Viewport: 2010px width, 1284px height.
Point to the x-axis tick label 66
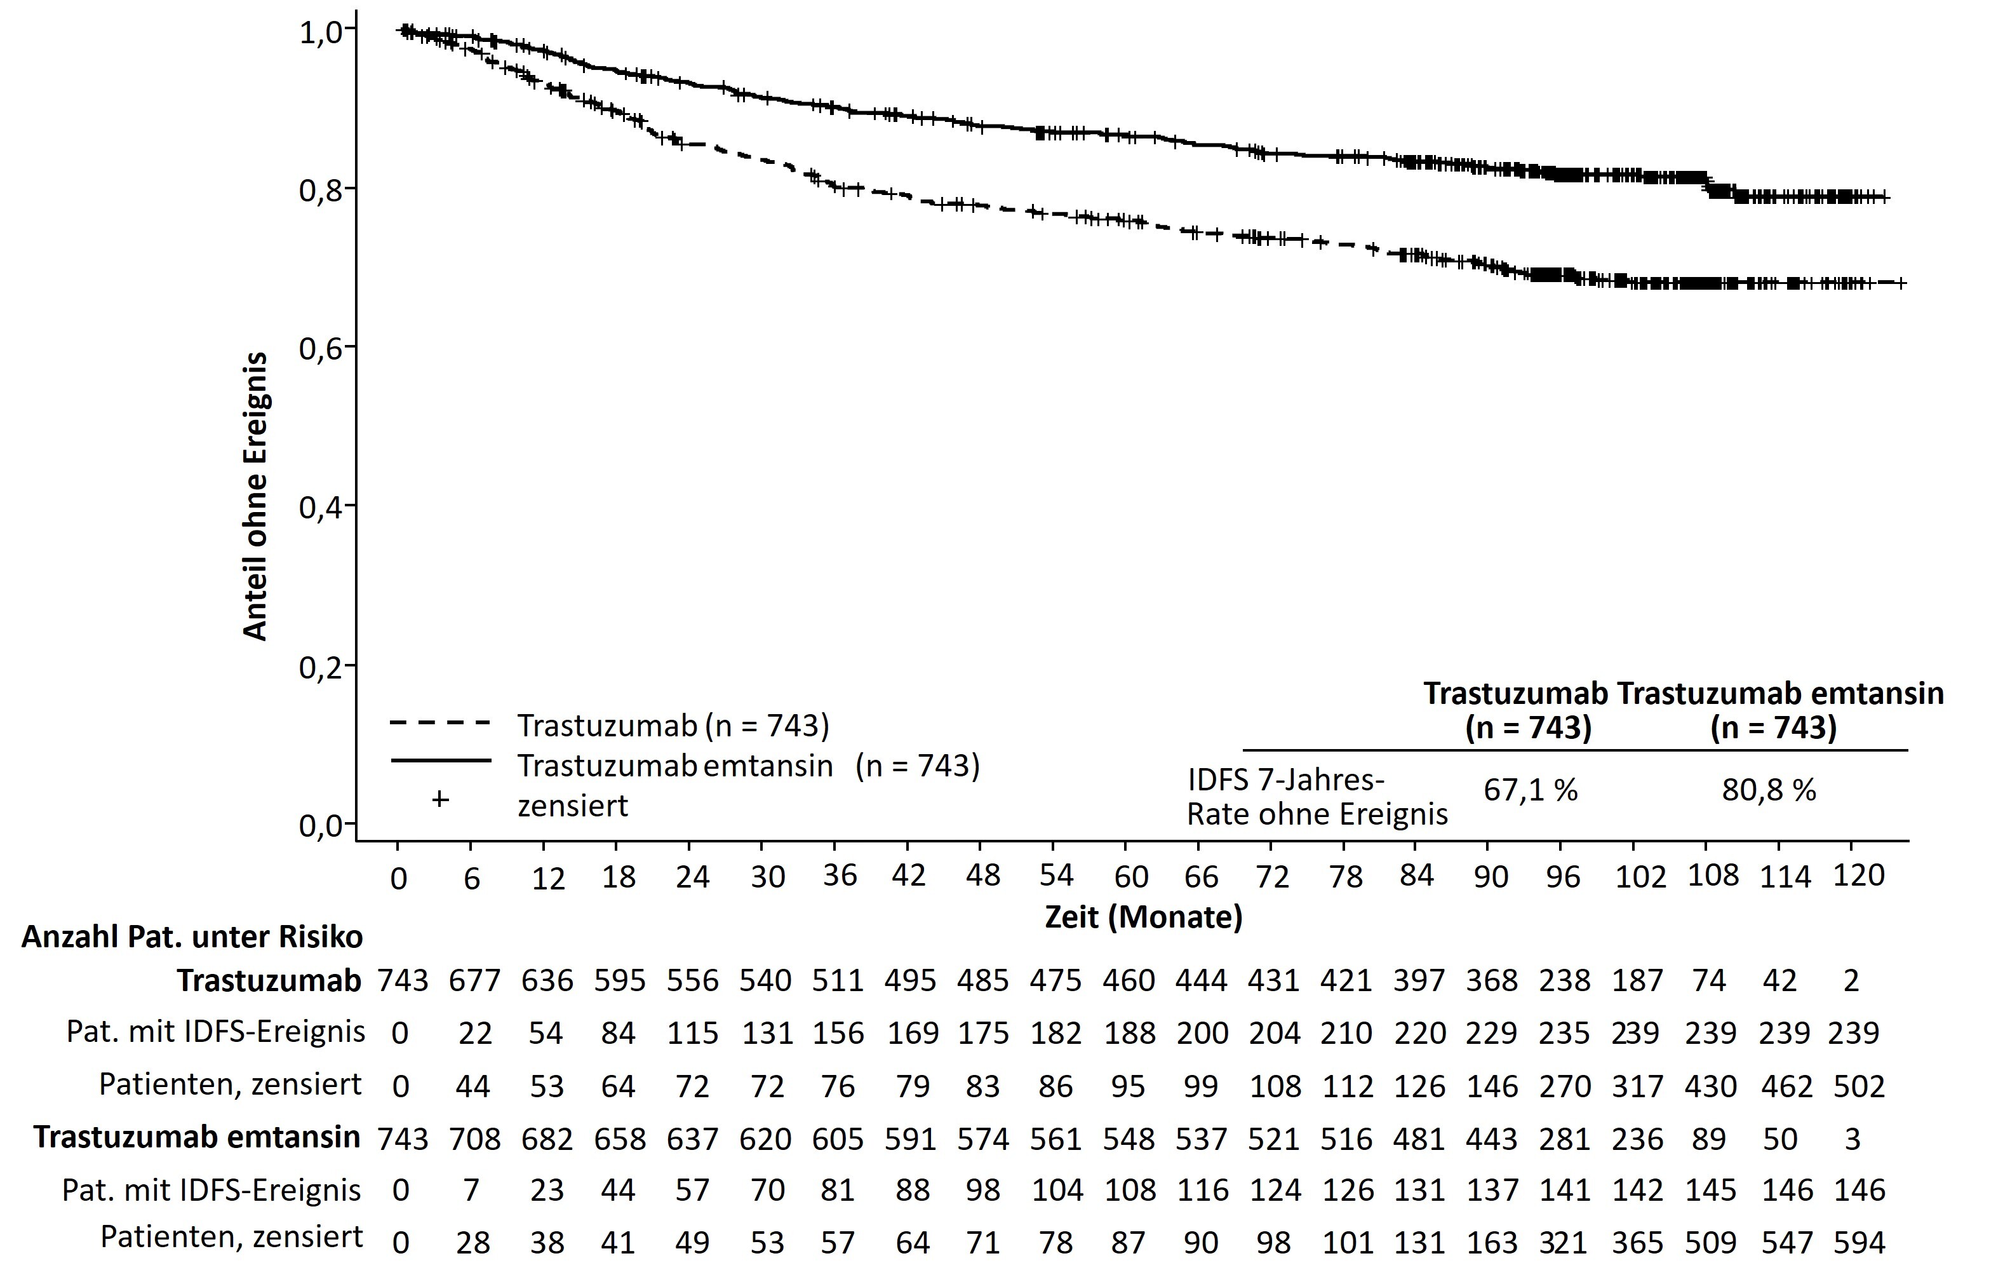pyautogui.click(x=1201, y=877)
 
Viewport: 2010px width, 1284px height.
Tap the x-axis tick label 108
pyautogui.click(x=1713, y=875)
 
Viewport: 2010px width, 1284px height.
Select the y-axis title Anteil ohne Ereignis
pyautogui.click(x=255, y=496)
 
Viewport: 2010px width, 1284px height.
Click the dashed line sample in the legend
pyautogui.click(x=440, y=723)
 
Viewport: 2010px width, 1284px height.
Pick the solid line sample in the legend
pyautogui.click(x=440, y=760)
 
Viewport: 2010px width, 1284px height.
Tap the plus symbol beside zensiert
pyautogui.click(x=440, y=800)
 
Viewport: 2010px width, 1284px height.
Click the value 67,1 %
pyautogui.click(x=1530, y=790)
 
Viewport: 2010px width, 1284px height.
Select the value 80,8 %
pyautogui.click(x=1769, y=790)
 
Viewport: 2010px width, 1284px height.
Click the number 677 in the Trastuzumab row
pyautogui.click(x=474, y=980)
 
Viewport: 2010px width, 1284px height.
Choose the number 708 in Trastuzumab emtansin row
pyautogui.click(x=474, y=1139)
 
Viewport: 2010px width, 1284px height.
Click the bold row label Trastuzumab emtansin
pyautogui.click(x=197, y=1137)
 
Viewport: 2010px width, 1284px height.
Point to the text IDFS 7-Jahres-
pyautogui.click(x=1286, y=780)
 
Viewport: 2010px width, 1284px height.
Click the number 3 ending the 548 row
pyautogui.click(x=1853, y=1139)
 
